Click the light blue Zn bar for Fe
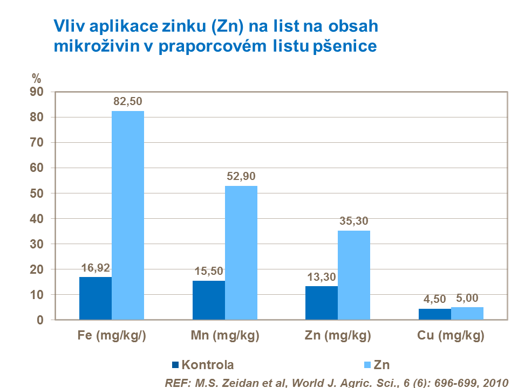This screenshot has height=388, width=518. point(128,216)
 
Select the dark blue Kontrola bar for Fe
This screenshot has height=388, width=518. point(96,299)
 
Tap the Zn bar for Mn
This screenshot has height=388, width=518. point(241,253)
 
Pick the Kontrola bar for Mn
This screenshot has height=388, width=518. point(209,300)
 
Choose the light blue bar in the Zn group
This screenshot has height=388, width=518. point(354,275)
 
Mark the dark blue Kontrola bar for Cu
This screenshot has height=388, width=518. point(435,314)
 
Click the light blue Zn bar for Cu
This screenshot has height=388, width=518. point(467,314)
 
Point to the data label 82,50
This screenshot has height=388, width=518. point(128,101)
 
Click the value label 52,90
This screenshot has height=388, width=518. point(241,176)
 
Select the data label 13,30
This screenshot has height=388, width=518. point(321,276)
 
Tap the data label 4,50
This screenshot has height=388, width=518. point(435,299)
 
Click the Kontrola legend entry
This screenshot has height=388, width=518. point(202,365)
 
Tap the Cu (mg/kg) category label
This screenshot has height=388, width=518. point(451,337)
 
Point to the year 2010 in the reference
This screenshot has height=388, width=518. point(495,383)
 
